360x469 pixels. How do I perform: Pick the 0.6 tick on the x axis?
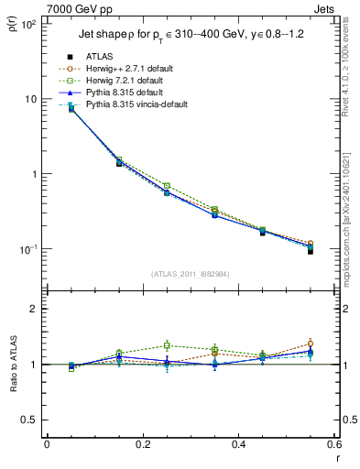click(334, 445)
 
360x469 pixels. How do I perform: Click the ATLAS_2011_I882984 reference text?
click(191, 275)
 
